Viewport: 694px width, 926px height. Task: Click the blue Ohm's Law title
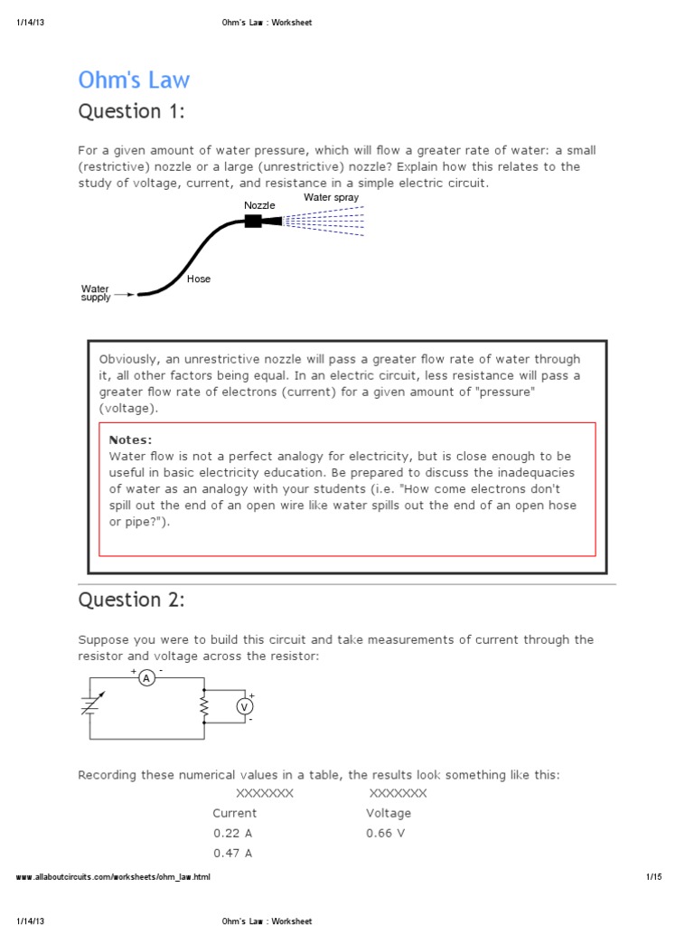pyautogui.click(x=134, y=80)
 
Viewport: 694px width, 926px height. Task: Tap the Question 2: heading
pyautogui.click(x=132, y=600)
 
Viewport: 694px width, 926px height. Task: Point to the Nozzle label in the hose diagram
pyautogui.click(x=259, y=205)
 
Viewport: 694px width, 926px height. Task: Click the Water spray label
pyautogui.click(x=331, y=197)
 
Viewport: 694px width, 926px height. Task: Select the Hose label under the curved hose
pyautogui.click(x=199, y=279)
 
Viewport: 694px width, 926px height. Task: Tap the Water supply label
pyautogui.click(x=96, y=293)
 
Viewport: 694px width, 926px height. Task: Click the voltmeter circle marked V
pyautogui.click(x=243, y=707)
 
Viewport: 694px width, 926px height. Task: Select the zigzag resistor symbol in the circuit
pyautogui.click(x=205, y=708)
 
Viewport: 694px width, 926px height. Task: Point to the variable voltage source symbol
pyautogui.click(x=89, y=706)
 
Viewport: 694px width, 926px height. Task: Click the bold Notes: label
pyautogui.click(x=130, y=439)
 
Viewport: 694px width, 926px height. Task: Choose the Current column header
pyautogui.click(x=234, y=813)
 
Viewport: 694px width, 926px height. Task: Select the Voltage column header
pyautogui.click(x=389, y=813)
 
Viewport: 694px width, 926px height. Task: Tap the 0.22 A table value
pyautogui.click(x=232, y=833)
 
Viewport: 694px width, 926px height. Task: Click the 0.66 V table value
pyautogui.click(x=386, y=833)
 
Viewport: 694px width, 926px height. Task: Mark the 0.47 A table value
pyautogui.click(x=232, y=853)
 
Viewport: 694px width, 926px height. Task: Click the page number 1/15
pyautogui.click(x=654, y=877)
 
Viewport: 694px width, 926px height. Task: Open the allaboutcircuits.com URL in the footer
pyautogui.click(x=114, y=877)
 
